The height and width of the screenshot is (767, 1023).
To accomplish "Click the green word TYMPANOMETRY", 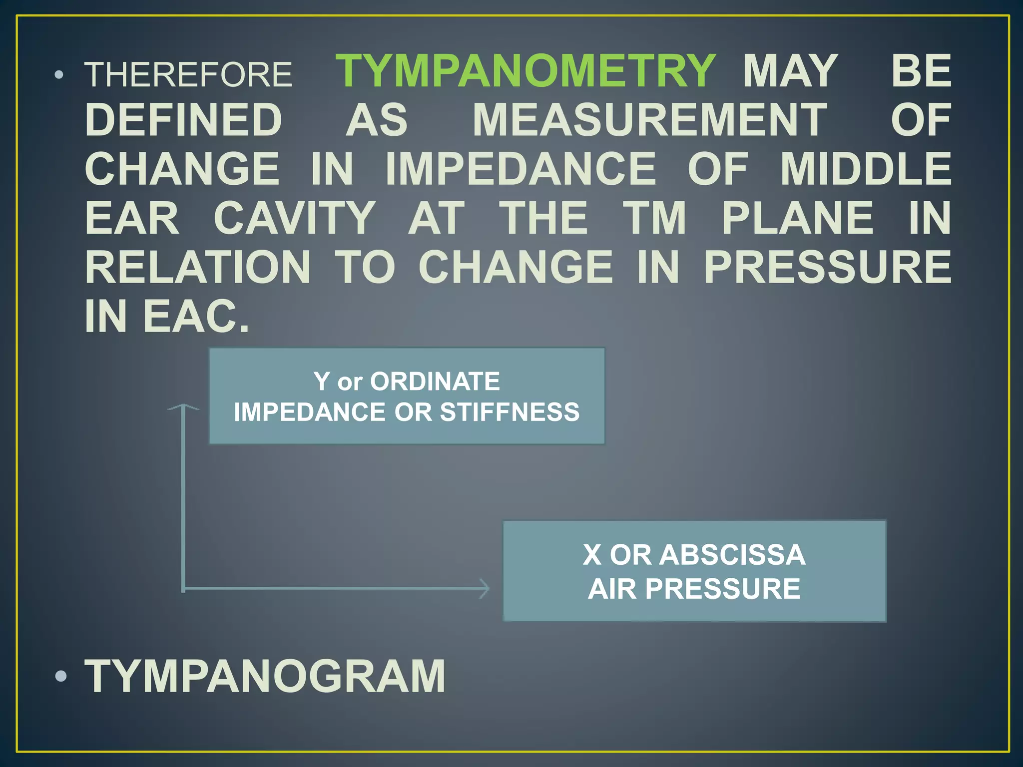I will click(525, 71).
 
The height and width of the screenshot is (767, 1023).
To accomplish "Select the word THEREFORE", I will click(188, 75).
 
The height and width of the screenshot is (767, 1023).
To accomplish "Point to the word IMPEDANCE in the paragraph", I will click(520, 169).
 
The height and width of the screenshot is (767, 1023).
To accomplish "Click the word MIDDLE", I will click(866, 169).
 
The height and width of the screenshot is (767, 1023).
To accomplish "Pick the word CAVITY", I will click(295, 218).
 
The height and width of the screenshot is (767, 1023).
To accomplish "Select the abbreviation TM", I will click(655, 218).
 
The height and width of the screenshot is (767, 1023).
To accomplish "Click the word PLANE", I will click(798, 218).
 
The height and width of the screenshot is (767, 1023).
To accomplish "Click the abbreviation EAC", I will click(196, 316).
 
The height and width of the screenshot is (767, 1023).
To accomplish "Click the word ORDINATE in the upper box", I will click(435, 382).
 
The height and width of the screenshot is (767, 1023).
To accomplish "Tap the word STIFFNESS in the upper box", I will click(510, 412).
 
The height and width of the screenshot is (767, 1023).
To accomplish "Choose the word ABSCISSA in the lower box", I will click(732, 555).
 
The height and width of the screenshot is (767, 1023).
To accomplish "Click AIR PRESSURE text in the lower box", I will click(694, 589).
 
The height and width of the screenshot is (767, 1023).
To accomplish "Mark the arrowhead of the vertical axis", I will click(183, 407).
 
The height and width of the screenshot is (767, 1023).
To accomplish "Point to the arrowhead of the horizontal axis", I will click(485, 589).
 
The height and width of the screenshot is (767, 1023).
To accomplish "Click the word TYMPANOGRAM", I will click(265, 676).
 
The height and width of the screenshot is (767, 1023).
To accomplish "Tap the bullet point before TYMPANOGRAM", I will click(61, 677).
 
